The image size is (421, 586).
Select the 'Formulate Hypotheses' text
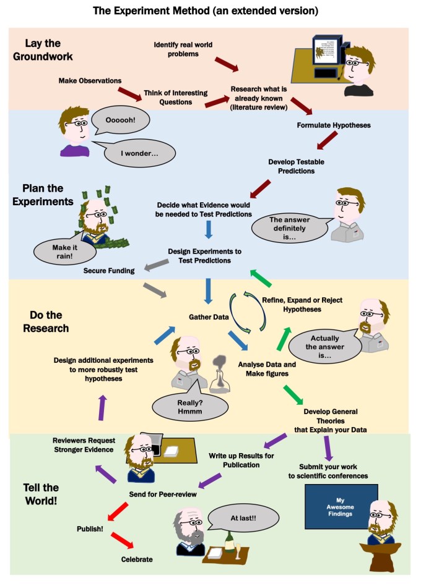pyautogui.click(x=334, y=125)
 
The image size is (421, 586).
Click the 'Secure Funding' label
pyautogui.click(x=109, y=270)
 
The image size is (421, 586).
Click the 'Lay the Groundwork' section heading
pyautogui.click(x=49, y=49)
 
